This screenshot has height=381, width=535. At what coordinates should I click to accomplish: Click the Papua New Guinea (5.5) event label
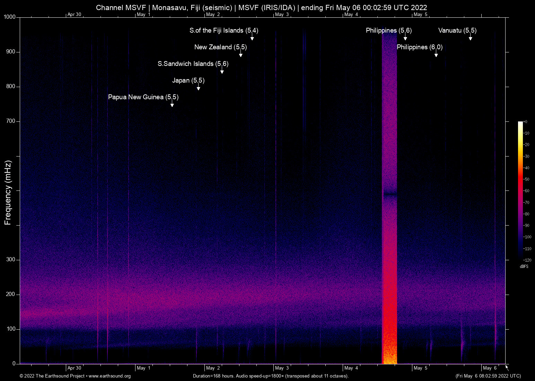coord(143,97)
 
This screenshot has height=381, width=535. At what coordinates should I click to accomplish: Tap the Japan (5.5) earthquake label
coord(188,81)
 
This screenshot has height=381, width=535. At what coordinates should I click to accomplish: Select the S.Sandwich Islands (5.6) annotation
coord(193,64)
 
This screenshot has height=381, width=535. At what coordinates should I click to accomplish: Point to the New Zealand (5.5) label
coord(220,47)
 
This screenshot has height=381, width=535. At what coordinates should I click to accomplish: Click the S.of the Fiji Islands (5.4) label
coord(223,31)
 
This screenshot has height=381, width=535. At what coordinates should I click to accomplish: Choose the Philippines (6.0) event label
coord(419,47)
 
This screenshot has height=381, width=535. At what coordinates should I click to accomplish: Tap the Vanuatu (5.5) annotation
coord(457,31)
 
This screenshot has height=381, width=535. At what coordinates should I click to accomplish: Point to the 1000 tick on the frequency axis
coord(10,17)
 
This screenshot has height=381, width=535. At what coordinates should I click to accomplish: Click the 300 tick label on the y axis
coord(11,260)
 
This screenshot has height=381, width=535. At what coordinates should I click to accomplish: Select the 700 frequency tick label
coord(11,121)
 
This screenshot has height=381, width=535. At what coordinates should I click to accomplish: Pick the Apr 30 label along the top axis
coord(74,15)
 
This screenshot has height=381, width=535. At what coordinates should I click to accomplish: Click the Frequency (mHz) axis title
coord(8,193)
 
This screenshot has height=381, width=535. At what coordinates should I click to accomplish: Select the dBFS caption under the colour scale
coord(524,266)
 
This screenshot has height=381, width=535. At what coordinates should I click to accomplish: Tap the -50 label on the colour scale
coord(527,179)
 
